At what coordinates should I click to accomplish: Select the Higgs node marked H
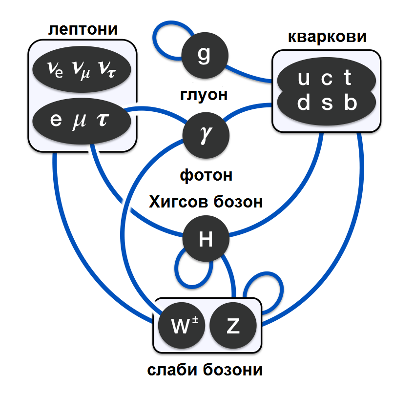pos(206,239)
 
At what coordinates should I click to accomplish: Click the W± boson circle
pos(183,326)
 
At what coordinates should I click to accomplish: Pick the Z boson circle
pos(233,326)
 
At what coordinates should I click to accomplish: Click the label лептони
pos(83,29)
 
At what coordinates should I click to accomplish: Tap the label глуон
pos(204,94)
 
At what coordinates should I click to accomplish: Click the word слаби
pos(174,370)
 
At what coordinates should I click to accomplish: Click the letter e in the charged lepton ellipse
pos(55,119)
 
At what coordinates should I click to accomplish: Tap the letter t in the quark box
pos(348,77)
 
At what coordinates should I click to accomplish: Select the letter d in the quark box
pos(303,103)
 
